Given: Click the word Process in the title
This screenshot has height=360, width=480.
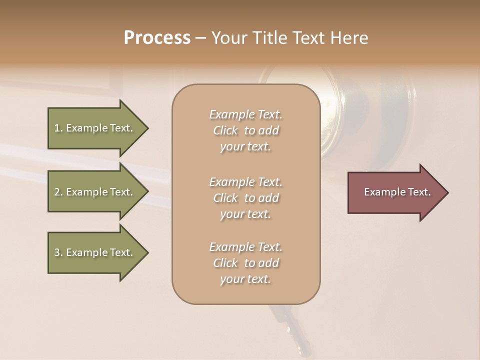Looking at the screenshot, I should click(x=157, y=38).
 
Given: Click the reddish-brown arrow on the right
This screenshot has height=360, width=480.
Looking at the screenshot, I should click(x=395, y=192).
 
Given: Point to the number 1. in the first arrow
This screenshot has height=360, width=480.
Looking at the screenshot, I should click(x=58, y=128).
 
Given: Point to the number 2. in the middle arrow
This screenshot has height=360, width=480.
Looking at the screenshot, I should click(x=58, y=192).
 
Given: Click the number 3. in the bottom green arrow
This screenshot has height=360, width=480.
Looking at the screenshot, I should click(x=58, y=252).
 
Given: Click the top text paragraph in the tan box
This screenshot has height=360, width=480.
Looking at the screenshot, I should click(x=245, y=130).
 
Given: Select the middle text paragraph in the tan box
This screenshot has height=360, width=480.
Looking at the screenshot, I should click(x=245, y=198).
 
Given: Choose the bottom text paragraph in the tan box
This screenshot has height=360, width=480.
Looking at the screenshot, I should click(x=245, y=263).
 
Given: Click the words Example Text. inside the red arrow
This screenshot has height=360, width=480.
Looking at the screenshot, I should click(x=397, y=192).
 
